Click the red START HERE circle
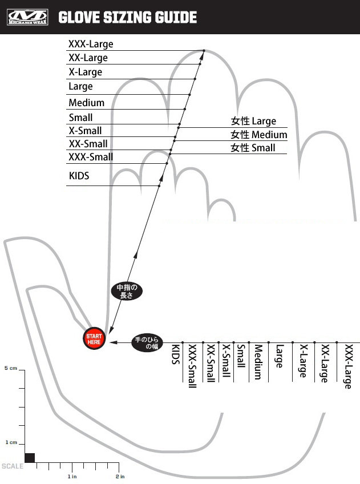click(94, 339)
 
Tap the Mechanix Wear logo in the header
click(26, 18)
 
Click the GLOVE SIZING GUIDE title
click(128, 18)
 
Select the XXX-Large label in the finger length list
click(91, 44)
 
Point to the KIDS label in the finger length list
click(79, 176)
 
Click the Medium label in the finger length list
click(86, 103)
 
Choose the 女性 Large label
click(253, 121)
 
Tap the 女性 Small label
click(253, 148)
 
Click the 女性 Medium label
click(258, 135)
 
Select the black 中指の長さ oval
click(125, 292)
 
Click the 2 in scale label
click(120, 476)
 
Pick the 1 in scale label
click(71, 476)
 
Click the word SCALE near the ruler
click(13, 466)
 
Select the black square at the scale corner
click(30, 457)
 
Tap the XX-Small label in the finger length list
click(88, 144)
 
